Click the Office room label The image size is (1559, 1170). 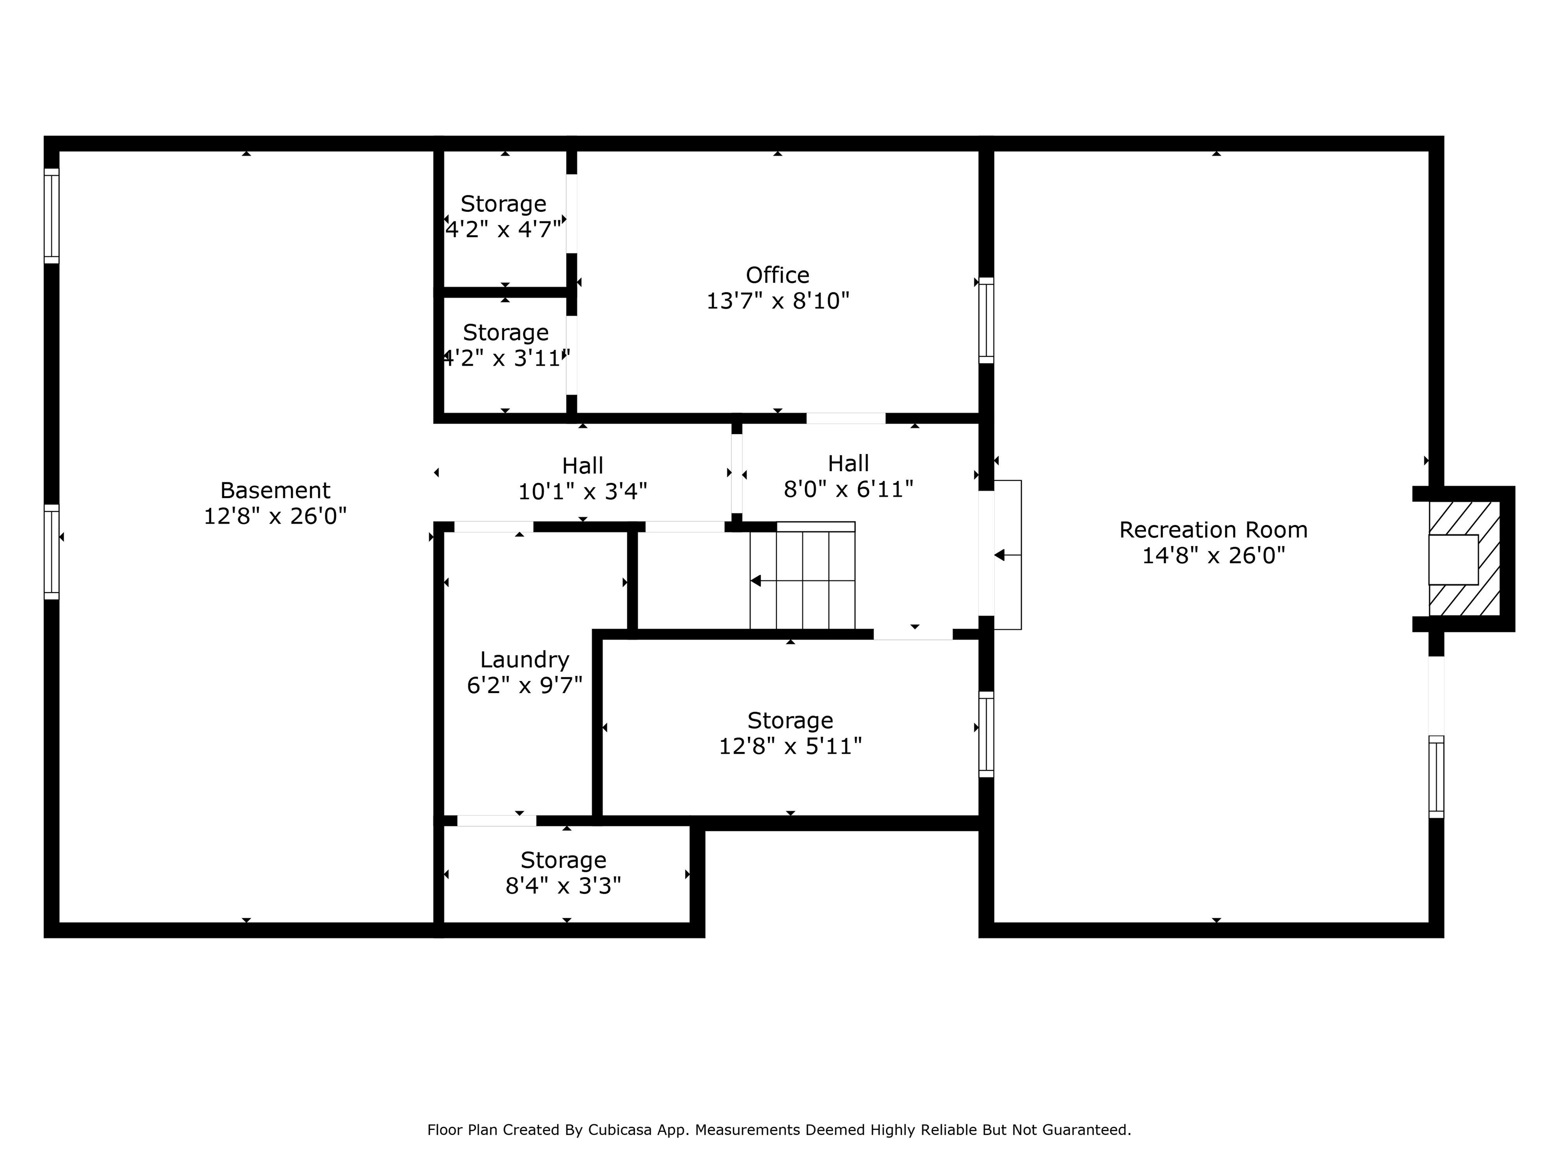coord(777,275)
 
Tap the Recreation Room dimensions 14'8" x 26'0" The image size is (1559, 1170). coord(1213,556)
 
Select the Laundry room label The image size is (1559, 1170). coord(524,660)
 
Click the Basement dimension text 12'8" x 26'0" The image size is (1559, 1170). coord(275,516)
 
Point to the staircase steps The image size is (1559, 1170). coord(802,580)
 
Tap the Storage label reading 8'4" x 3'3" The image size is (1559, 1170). coord(563,872)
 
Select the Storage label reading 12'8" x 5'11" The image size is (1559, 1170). coord(790,733)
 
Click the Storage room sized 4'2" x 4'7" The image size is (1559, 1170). coord(503,216)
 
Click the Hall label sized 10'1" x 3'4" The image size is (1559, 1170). coord(582,478)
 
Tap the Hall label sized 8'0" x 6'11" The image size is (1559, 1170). coord(848,476)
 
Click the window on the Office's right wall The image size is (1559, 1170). coord(986,320)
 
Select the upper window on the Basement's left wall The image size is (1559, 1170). coord(51,216)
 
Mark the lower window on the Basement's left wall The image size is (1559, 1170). coord(51,551)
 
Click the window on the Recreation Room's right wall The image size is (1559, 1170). coord(1436,776)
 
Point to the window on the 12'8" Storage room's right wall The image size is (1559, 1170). coord(986,734)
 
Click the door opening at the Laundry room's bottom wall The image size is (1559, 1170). coord(496,820)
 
